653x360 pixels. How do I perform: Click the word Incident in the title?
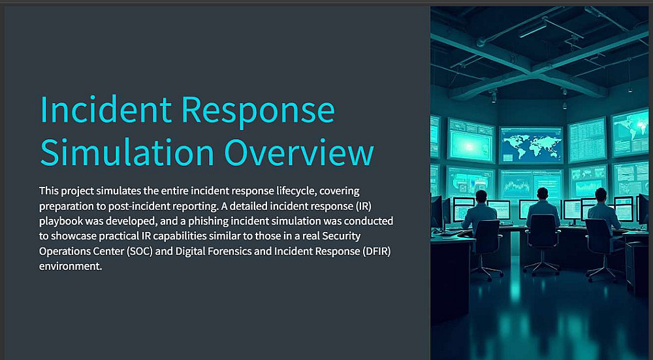(x=106, y=109)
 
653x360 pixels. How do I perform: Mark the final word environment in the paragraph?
(x=71, y=267)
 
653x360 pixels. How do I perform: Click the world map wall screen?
(x=531, y=145)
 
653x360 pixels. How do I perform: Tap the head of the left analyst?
(x=481, y=196)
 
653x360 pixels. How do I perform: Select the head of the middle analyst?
(x=542, y=194)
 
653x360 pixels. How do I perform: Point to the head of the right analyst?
(x=601, y=195)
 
